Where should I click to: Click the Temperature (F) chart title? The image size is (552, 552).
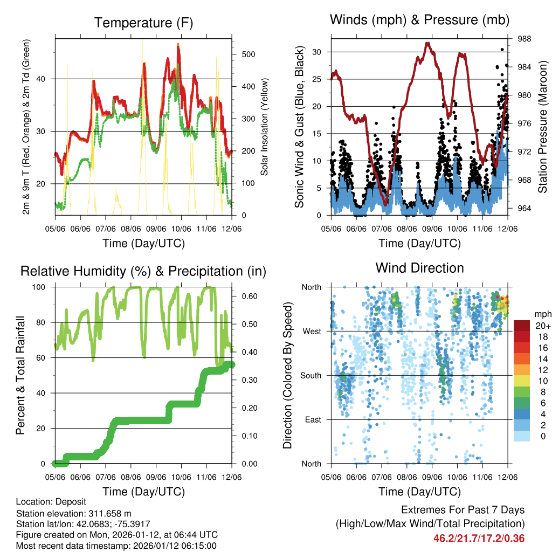click(x=143, y=23)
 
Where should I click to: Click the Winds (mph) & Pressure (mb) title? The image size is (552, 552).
click(x=419, y=20)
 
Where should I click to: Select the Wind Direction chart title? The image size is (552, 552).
click(x=419, y=267)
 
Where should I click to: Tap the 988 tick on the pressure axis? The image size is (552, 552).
click(x=523, y=39)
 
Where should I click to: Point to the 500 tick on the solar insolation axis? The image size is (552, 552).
click(x=249, y=54)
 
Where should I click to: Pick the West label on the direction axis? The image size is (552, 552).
click(x=312, y=331)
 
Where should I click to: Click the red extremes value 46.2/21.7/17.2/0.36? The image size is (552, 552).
click(x=479, y=538)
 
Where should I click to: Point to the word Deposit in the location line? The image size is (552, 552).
click(x=64, y=501)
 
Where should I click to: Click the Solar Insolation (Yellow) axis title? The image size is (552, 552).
click(x=265, y=126)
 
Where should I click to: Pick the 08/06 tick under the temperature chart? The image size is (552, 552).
click(x=131, y=229)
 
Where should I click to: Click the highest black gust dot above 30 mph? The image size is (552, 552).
click(x=502, y=49)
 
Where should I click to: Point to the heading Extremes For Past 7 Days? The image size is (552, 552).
click(x=463, y=510)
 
